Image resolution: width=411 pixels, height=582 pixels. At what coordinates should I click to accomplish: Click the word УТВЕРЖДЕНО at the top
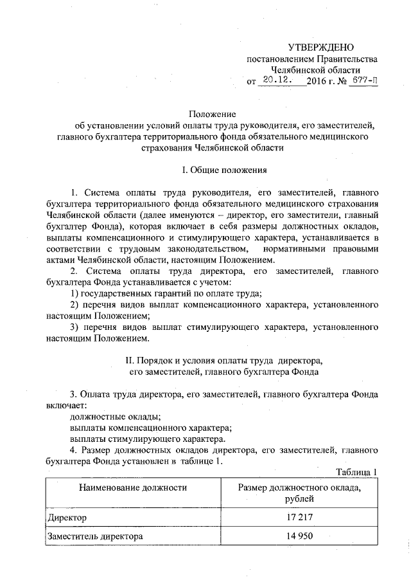click(320, 48)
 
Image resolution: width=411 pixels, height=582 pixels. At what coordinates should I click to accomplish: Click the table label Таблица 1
click(356, 473)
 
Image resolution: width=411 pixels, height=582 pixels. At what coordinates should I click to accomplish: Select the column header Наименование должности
click(133, 487)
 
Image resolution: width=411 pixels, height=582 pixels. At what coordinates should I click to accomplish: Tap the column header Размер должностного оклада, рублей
click(299, 493)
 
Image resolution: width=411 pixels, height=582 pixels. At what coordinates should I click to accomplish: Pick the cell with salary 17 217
click(299, 517)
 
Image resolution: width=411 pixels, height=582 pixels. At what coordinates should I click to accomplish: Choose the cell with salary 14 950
click(299, 536)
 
